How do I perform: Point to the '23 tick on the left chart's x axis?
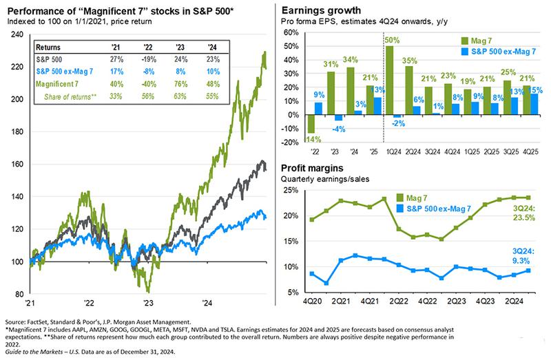148,303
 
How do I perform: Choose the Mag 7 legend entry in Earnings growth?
481,41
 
